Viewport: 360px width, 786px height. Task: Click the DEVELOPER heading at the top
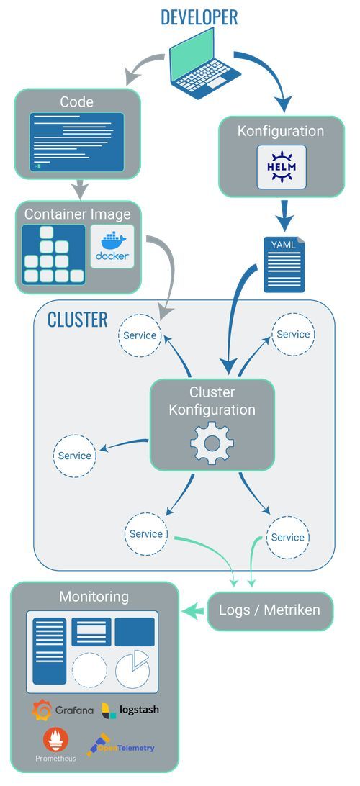tap(199, 17)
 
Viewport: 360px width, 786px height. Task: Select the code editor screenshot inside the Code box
tap(76, 142)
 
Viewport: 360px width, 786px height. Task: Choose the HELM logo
tap(282, 167)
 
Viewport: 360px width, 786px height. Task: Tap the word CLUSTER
tap(77, 320)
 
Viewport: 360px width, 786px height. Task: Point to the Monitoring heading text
tap(94, 597)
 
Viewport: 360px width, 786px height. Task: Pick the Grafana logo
tap(63, 710)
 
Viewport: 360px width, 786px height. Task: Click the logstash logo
tap(130, 710)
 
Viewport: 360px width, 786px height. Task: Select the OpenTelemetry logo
tap(121, 747)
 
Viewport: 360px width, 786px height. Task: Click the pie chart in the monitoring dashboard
tap(132, 668)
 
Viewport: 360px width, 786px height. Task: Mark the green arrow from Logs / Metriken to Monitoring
tap(192, 611)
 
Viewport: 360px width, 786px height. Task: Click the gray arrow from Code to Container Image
tap(79, 189)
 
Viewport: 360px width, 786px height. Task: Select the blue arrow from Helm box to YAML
tap(284, 214)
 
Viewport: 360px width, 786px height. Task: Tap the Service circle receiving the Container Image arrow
tap(140, 335)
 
